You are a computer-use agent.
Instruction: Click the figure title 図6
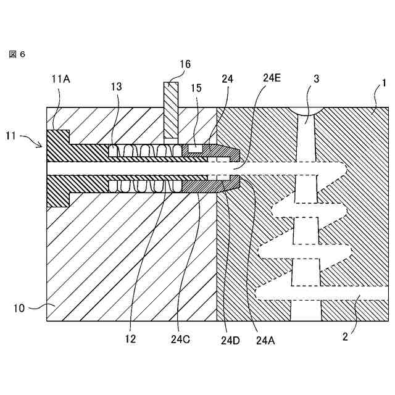click(x=17, y=54)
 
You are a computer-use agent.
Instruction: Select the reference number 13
click(x=117, y=88)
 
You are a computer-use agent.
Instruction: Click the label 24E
click(x=272, y=78)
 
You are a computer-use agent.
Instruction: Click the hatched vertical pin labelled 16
click(x=171, y=111)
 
